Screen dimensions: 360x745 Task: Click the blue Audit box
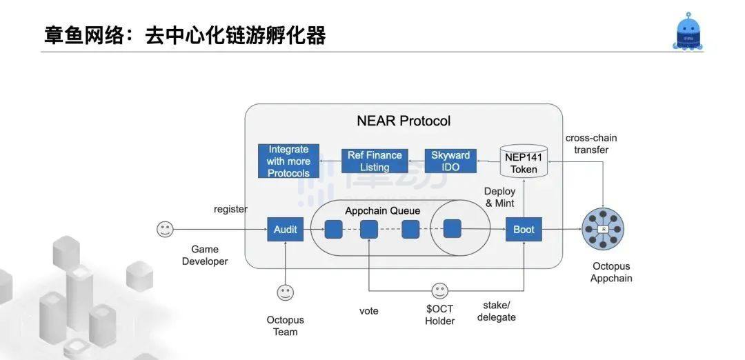click(x=285, y=229)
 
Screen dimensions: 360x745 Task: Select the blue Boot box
click(x=524, y=229)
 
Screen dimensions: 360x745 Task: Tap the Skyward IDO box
click(x=450, y=161)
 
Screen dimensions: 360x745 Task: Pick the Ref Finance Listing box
click(x=375, y=161)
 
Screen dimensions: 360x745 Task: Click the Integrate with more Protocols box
click(x=288, y=161)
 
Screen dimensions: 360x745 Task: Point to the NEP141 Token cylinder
click(x=524, y=161)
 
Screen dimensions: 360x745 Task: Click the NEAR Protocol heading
click(x=404, y=121)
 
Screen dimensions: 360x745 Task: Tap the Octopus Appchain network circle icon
click(x=604, y=230)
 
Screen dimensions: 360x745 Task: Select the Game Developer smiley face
click(x=164, y=230)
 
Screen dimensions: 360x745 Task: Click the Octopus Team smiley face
click(x=285, y=293)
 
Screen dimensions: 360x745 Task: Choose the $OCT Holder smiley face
click(x=439, y=291)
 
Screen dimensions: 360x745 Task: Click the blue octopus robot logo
click(x=689, y=32)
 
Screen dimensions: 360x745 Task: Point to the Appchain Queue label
click(x=373, y=211)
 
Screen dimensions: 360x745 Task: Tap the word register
click(x=230, y=209)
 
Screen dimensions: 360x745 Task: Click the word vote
click(x=369, y=311)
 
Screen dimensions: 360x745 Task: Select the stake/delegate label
click(x=496, y=311)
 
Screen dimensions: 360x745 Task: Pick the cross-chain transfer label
click(x=591, y=143)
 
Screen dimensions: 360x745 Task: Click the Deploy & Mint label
click(x=499, y=197)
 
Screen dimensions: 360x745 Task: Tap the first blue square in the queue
click(x=333, y=229)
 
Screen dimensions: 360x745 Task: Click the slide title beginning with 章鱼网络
click(x=185, y=35)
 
